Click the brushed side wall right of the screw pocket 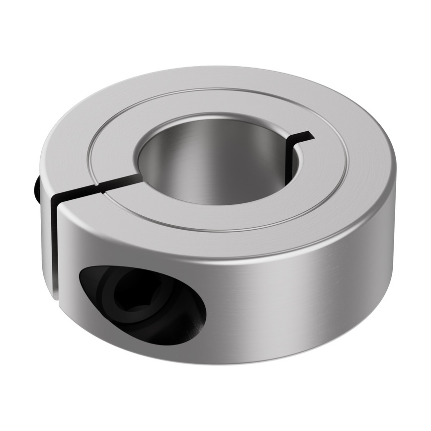click(x=298, y=298)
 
